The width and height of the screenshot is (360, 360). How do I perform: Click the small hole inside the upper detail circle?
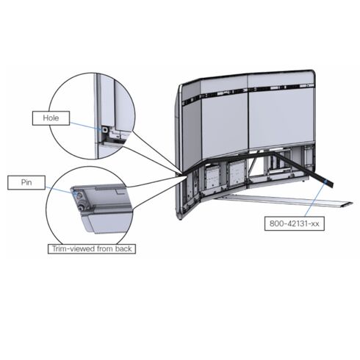105,130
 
